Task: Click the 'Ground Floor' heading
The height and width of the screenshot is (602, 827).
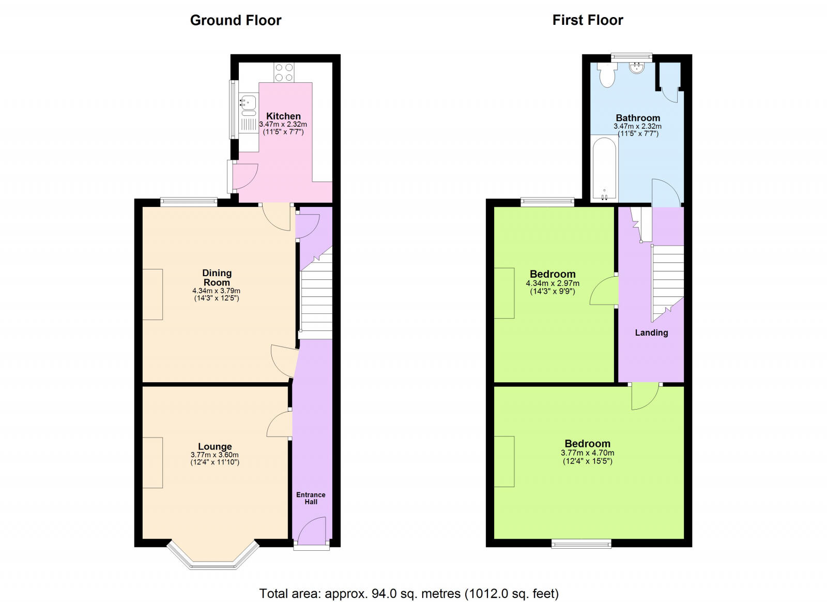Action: (x=236, y=20)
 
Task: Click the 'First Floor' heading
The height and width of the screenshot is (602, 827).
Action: (x=588, y=20)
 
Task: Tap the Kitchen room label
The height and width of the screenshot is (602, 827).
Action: (x=283, y=116)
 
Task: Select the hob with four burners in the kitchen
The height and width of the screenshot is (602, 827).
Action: (x=284, y=72)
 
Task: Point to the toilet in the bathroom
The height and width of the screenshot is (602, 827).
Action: (x=606, y=76)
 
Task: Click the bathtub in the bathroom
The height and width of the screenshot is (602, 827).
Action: (x=604, y=168)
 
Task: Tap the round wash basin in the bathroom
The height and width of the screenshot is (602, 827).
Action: (x=636, y=68)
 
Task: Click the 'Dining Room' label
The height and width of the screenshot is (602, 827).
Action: (x=217, y=278)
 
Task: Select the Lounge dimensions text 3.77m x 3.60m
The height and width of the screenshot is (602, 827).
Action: (x=215, y=455)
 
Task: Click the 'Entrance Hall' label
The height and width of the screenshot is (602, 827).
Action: (x=311, y=498)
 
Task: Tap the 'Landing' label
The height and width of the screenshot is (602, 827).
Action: (x=651, y=333)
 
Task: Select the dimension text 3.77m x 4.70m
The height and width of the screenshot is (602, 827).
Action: (x=588, y=453)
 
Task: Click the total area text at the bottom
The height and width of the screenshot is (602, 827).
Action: (x=409, y=593)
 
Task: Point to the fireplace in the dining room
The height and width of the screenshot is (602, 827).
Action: (x=153, y=294)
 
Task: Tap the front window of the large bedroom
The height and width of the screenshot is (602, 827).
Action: (x=581, y=544)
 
